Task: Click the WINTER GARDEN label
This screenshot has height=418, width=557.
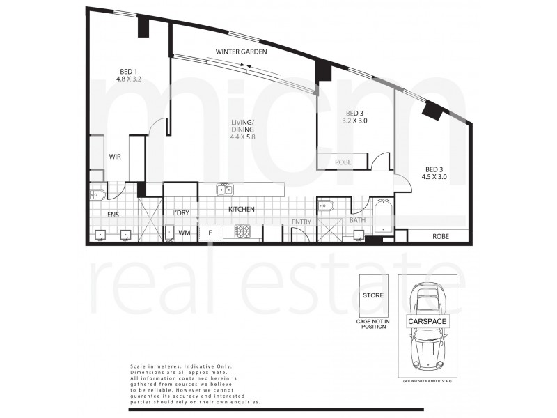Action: (x=241, y=52)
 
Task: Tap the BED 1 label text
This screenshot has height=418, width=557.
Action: (x=127, y=71)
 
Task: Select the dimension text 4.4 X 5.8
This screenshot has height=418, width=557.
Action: (x=243, y=137)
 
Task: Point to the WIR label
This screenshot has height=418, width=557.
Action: (x=115, y=157)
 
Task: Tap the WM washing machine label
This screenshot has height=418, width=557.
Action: (x=185, y=232)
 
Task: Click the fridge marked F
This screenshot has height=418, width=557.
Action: (x=209, y=233)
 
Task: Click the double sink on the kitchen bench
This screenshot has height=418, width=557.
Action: (x=224, y=189)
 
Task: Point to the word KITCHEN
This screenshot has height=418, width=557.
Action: (x=241, y=209)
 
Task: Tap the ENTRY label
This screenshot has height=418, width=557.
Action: (x=302, y=222)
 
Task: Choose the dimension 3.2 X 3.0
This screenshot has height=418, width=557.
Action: (x=356, y=121)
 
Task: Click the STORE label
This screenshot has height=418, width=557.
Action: (x=372, y=295)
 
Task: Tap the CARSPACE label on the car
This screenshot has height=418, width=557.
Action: (x=427, y=322)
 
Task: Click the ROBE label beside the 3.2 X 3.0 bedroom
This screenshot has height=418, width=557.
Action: (x=343, y=162)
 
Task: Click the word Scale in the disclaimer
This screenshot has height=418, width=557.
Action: (x=139, y=366)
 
